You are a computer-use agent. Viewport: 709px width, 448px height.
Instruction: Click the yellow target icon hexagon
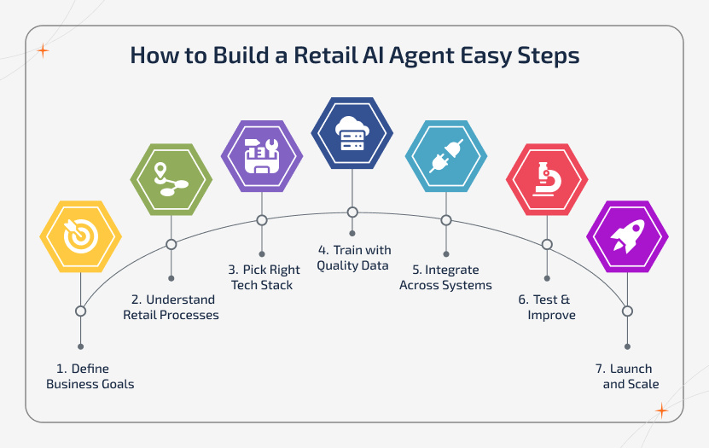point(81,236)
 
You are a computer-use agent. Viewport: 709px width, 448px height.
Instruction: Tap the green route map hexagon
point(171,178)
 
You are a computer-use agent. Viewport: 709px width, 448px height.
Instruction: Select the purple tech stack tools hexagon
point(261,154)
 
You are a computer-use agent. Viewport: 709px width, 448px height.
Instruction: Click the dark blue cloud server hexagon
point(352,132)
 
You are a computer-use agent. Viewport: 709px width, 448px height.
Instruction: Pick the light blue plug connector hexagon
point(445,154)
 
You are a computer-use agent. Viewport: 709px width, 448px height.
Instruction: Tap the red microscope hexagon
point(546,180)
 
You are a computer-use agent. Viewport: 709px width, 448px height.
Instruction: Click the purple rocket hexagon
point(627,236)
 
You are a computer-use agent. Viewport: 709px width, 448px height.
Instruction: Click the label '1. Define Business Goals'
point(90,376)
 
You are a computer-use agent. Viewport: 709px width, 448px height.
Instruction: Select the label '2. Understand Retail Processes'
point(171,307)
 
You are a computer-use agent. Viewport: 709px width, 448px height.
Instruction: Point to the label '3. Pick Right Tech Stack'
point(262,276)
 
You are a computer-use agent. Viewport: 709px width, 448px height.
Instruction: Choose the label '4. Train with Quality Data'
point(354,257)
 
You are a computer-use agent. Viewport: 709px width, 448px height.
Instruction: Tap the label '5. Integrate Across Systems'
point(445,277)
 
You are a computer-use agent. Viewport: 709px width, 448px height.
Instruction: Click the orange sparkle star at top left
point(43,50)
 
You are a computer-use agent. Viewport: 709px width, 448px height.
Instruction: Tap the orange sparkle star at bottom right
point(661,411)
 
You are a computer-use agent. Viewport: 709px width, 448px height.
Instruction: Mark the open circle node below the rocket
point(627,311)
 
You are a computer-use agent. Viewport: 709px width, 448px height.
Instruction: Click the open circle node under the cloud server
point(352,212)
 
